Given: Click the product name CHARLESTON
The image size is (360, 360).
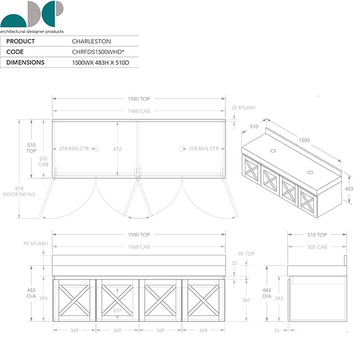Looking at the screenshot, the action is tap(91, 41).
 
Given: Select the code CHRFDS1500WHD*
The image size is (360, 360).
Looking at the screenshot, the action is tap(98, 52).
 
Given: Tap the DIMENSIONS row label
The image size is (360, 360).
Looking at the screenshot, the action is tap(25, 62).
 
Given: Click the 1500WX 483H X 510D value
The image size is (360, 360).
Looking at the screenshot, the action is tap(101, 62).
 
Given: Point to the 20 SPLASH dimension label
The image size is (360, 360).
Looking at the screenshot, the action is tap(244, 107).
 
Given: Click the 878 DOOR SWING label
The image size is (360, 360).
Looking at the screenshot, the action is tap(19, 191).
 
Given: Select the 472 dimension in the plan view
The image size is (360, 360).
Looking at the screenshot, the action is tap(117, 149).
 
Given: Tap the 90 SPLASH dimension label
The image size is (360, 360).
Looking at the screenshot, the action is tap(35, 244).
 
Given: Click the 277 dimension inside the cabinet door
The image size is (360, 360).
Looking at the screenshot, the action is tap(117, 310).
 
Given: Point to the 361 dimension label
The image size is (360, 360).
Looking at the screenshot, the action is tap(246, 300).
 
